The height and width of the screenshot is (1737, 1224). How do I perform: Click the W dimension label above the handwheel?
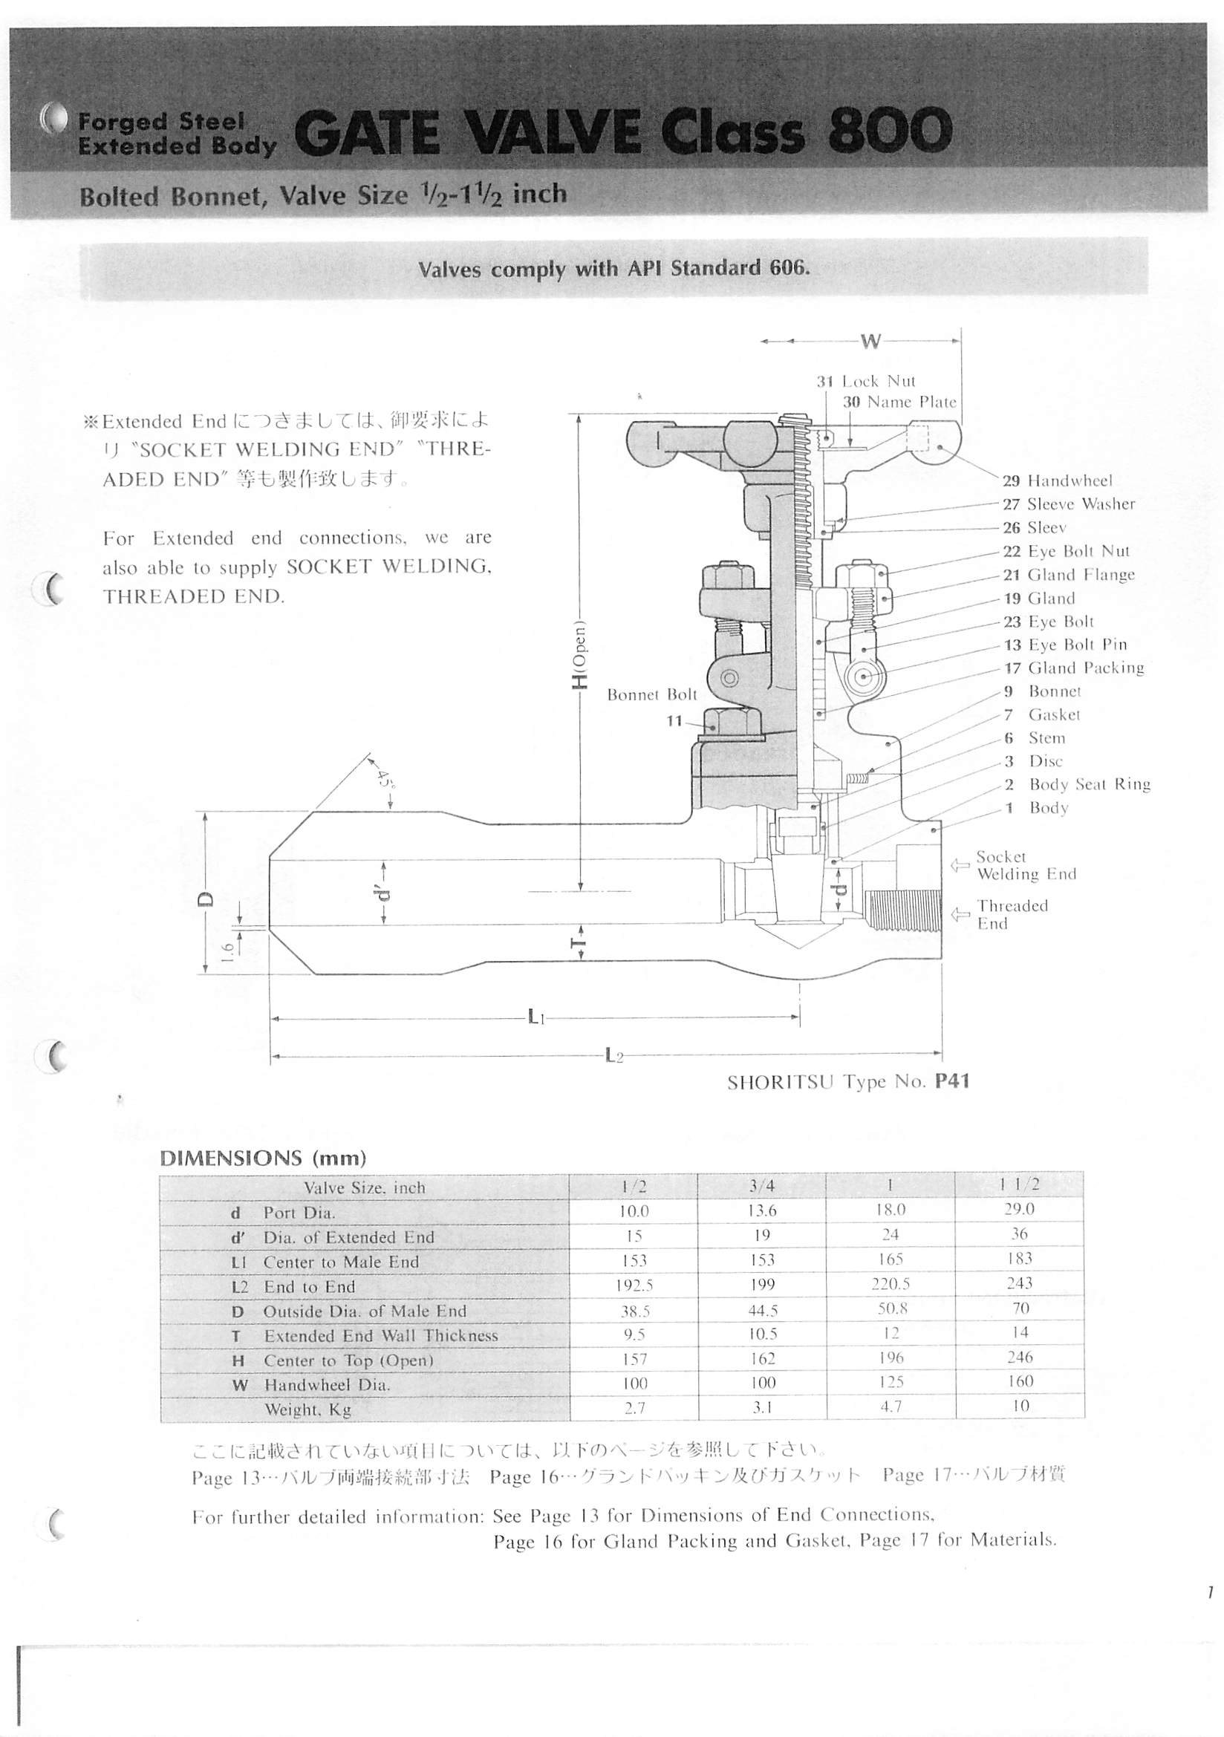tap(870, 341)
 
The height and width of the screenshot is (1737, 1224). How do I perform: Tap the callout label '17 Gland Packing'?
tap(1073, 668)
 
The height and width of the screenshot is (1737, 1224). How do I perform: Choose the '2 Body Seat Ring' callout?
tap(1076, 784)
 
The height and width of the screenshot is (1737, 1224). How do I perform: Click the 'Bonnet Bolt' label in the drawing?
tap(651, 694)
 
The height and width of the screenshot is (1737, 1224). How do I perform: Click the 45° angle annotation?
tap(385, 777)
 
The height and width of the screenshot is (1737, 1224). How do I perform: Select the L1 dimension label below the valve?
tap(535, 1017)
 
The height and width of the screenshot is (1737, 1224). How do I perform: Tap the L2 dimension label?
tap(613, 1055)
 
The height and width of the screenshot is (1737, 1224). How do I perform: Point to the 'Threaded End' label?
tap(1012, 914)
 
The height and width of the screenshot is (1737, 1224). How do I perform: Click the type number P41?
tap(951, 1081)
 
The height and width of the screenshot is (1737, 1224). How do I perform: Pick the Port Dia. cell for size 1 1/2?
tap(1019, 1209)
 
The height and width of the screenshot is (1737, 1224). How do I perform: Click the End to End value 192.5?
tap(634, 1285)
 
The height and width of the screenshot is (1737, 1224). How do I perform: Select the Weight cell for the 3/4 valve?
tap(762, 1408)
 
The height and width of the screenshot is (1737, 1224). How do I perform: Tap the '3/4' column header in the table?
tap(762, 1186)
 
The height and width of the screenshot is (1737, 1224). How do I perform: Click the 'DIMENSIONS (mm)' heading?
tap(262, 1158)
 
